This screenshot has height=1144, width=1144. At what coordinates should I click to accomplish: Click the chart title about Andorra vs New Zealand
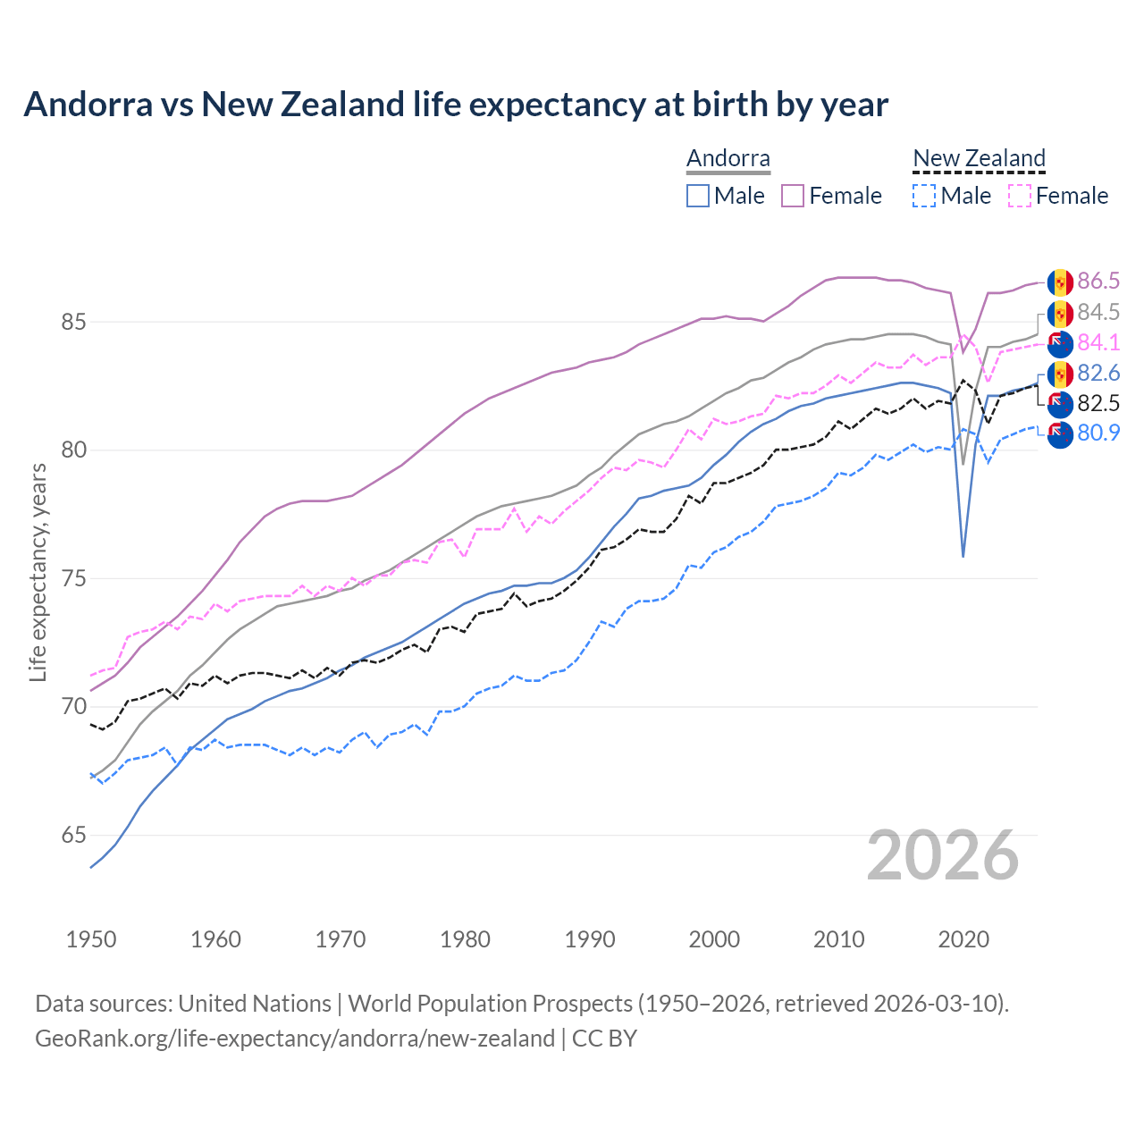tap(456, 105)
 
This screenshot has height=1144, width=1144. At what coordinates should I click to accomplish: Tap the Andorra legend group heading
tap(728, 159)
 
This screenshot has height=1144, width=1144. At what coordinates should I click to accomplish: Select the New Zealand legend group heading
tap(979, 159)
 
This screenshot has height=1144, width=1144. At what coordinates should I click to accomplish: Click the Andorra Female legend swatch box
tap(793, 196)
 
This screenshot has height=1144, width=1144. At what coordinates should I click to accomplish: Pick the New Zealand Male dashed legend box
tap(924, 196)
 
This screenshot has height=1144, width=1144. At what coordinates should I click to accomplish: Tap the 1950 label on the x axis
tap(91, 939)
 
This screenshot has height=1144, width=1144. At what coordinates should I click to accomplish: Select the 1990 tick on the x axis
tap(590, 939)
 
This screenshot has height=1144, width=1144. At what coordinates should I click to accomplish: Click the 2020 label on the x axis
tap(963, 939)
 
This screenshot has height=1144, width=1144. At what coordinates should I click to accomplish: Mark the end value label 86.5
tap(1098, 282)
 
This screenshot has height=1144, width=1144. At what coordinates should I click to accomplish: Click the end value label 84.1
tap(1098, 343)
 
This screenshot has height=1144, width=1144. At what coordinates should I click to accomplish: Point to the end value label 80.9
tap(1098, 433)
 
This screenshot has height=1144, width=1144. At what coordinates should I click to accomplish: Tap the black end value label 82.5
tap(1098, 403)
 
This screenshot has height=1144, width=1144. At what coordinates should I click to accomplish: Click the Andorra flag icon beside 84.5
tap(1060, 314)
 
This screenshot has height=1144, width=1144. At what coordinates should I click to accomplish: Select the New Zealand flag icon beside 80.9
tap(1060, 435)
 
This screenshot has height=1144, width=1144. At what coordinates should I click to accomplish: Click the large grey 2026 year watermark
tap(942, 855)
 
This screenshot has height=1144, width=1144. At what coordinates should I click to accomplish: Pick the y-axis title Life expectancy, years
tap(38, 572)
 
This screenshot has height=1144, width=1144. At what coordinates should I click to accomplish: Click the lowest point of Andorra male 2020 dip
tap(963, 556)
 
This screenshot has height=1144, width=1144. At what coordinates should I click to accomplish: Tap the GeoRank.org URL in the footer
tap(295, 1039)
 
